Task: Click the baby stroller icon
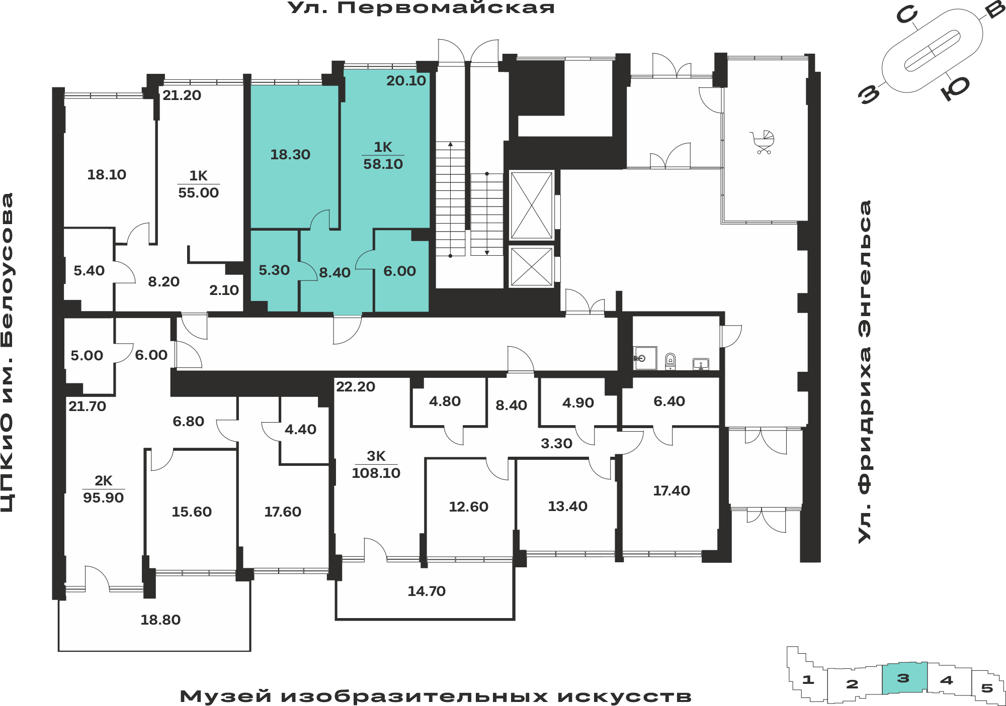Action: click(763, 142)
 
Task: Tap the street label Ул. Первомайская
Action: click(421, 8)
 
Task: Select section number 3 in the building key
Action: click(903, 678)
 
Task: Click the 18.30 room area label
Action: click(290, 155)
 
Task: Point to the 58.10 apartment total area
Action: click(383, 164)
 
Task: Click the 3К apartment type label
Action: click(376, 456)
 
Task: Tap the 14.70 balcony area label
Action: click(427, 591)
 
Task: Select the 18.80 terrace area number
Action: click(160, 620)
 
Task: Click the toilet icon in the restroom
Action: click(670, 361)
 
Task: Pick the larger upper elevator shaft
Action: click(532, 205)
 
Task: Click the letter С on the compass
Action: click(907, 16)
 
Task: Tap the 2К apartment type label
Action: click(104, 481)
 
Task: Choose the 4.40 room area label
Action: click(301, 430)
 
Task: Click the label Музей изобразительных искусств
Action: click(436, 696)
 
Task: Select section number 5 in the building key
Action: click(987, 688)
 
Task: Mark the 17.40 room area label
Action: click(672, 491)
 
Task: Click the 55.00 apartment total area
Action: click(199, 193)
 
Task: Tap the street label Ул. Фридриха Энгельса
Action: click(865, 372)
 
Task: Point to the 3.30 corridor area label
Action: click(557, 444)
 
